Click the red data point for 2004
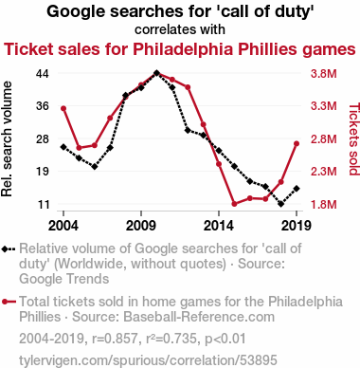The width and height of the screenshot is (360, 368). pyautogui.click(x=63, y=108)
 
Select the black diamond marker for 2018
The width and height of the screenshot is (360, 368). pyautogui.click(x=281, y=204)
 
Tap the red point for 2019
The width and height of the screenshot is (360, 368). pyautogui.click(x=297, y=144)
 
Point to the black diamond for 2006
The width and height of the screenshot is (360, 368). pyautogui.click(x=95, y=166)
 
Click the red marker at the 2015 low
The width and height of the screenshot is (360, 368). pyautogui.click(x=234, y=204)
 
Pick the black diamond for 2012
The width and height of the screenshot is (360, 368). pyautogui.click(x=188, y=130)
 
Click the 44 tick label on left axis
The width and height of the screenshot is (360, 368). pyautogui.click(x=43, y=74)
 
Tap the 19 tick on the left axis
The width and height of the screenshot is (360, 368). pyautogui.click(x=43, y=172)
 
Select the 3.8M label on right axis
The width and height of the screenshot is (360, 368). pyautogui.click(x=324, y=74)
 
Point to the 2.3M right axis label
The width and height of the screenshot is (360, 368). pyautogui.click(x=324, y=172)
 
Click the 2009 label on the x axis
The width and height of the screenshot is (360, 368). pyautogui.click(x=141, y=226)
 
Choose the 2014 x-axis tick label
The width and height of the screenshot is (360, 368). pyautogui.click(x=219, y=226)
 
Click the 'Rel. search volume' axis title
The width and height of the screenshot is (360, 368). pyautogui.click(x=7, y=139)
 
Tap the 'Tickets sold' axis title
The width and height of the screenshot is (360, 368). pyautogui.click(x=354, y=139)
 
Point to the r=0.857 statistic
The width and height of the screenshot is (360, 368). pyautogui.click(x=115, y=339)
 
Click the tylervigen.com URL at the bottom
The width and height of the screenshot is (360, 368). pyautogui.click(x=148, y=360)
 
